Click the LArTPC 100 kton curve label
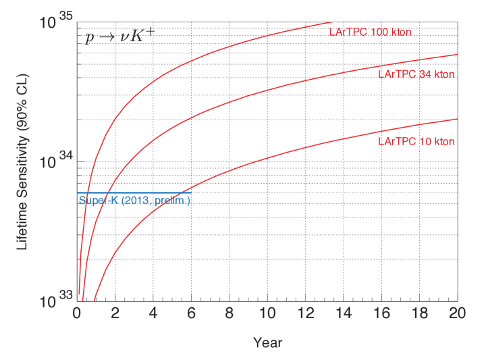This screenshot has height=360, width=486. click(x=370, y=32)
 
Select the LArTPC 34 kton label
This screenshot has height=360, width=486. click(x=416, y=74)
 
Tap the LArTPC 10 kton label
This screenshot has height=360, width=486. click(x=416, y=142)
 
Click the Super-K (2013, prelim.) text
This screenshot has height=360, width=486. click(x=135, y=201)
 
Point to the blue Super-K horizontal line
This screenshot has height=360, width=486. click(x=135, y=193)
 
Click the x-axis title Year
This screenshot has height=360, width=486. click(x=267, y=342)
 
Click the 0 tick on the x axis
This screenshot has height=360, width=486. click(x=76, y=314)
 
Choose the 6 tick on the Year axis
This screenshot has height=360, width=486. click(x=191, y=314)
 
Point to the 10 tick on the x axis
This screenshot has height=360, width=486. click(x=267, y=314)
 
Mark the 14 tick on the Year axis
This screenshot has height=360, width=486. click(x=344, y=314)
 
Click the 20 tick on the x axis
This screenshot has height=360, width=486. click(x=457, y=314)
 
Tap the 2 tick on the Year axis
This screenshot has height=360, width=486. click(x=115, y=314)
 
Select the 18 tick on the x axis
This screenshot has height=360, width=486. click(x=420, y=314)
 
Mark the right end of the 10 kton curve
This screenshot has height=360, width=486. click(x=457, y=119)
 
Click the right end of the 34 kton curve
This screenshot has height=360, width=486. click(x=457, y=55)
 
